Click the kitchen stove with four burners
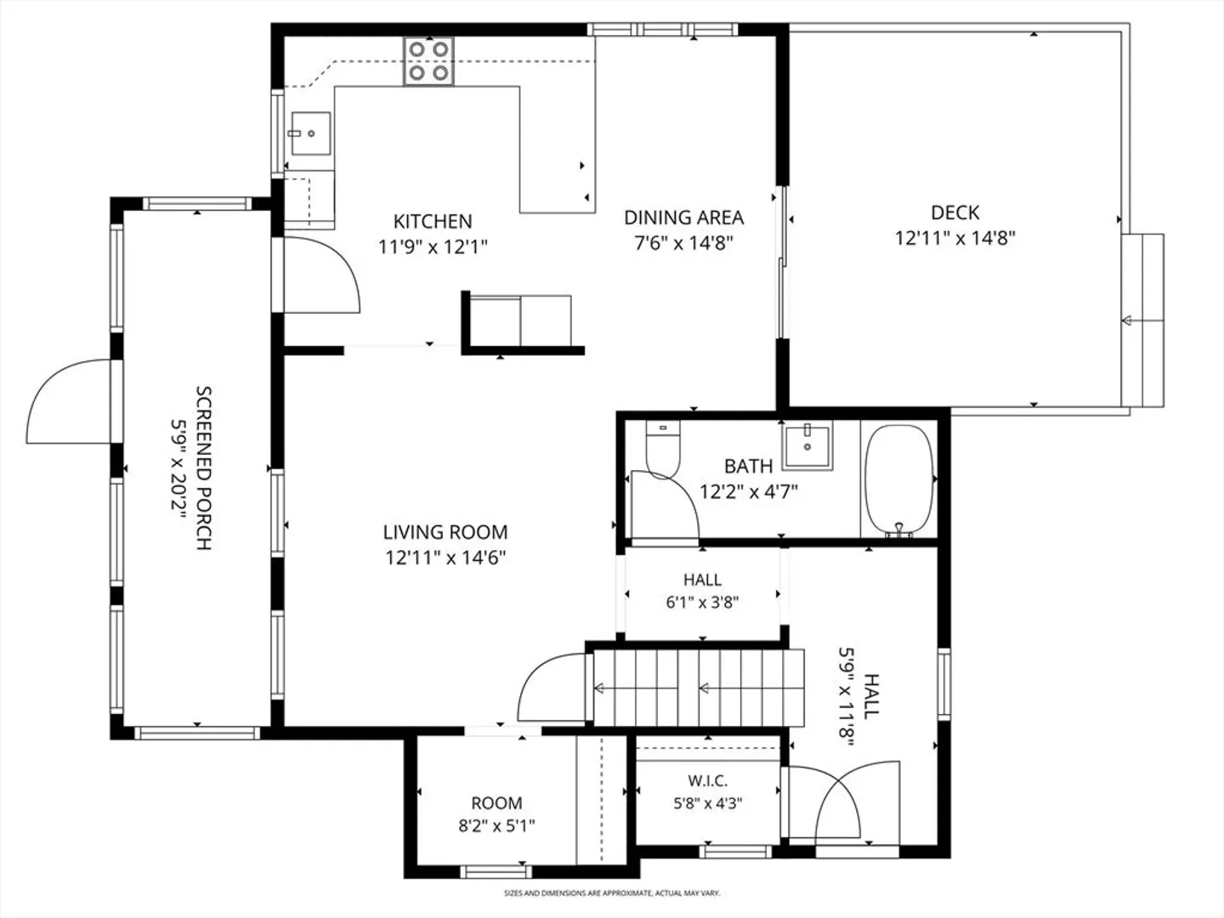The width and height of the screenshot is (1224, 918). (x=428, y=60)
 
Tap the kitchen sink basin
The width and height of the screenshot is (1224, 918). (x=310, y=133)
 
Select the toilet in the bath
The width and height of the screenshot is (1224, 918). (x=663, y=450)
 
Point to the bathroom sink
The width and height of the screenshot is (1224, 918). (x=807, y=445)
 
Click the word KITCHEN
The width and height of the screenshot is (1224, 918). (x=433, y=222)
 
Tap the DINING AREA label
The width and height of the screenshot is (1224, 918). (x=683, y=218)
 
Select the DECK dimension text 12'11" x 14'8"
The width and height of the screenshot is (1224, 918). (x=955, y=239)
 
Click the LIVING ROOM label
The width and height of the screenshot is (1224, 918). (x=445, y=532)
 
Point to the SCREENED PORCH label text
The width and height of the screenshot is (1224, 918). (x=204, y=468)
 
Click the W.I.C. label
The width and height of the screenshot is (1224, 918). (x=708, y=781)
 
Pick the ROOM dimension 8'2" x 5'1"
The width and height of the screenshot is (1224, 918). (x=496, y=825)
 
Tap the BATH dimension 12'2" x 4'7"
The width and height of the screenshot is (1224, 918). (x=748, y=491)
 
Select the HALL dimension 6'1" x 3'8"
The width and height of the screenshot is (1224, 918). (x=702, y=603)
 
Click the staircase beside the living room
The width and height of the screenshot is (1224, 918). (x=698, y=688)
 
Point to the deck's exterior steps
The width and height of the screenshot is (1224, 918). (x=1142, y=320)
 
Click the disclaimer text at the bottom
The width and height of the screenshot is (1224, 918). (x=612, y=892)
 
